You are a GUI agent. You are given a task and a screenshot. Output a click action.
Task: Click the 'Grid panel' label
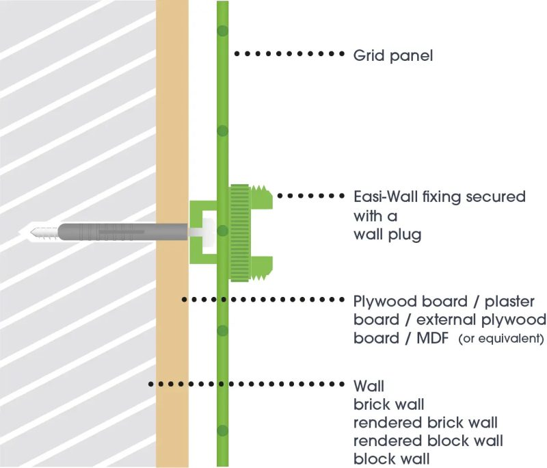[392, 55]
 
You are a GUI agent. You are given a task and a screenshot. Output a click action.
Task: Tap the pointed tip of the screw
[32, 233]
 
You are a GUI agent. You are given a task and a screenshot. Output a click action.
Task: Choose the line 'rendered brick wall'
[425, 421]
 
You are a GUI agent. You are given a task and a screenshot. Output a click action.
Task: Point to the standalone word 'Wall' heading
[369, 385]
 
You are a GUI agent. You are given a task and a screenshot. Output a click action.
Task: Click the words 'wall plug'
[387, 235]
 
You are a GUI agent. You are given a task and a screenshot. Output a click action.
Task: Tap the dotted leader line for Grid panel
[288, 53]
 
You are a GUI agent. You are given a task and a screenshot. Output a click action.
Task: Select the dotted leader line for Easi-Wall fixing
[311, 196]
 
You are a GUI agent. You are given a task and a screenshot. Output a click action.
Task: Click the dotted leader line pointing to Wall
[246, 385]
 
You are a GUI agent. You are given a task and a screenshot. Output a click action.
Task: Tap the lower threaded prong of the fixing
[263, 268]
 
